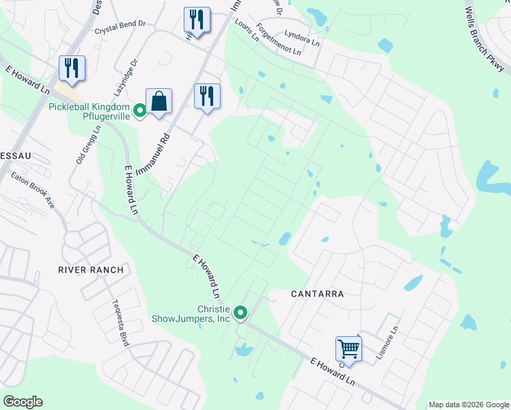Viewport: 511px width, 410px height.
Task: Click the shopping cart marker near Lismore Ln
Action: click(x=348, y=348)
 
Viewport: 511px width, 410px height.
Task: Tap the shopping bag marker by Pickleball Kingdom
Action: click(x=158, y=102)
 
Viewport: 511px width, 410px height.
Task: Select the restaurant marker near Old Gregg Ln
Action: click(x=72, y=68)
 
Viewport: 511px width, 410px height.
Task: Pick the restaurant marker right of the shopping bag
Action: click(x=206, y=96)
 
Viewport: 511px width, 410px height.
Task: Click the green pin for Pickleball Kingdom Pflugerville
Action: click(x=139, y=109)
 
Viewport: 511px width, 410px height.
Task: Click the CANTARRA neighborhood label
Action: click(x=316, y=294)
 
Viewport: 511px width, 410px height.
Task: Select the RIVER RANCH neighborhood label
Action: click(x=91, y=270)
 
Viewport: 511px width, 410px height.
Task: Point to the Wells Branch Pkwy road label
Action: click(x=485, y=40)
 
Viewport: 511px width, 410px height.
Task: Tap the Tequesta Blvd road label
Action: click(x=120, y=325)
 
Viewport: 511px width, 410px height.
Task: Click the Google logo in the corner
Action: click(x=23, y=402)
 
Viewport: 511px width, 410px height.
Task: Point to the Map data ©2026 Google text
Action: click(x=468, y=405)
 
